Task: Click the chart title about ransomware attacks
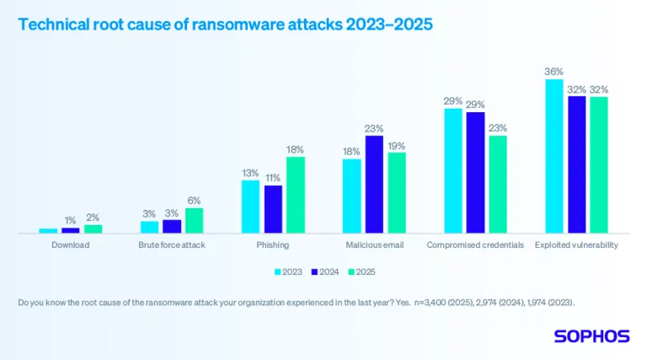(225, 24)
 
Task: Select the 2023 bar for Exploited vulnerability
(553, 155)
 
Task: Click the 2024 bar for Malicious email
(374, 183)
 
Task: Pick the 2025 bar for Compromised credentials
(498, 183)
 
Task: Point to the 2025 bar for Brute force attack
(194, 220)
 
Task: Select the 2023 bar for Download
(48, 230)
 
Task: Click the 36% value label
(553, 72)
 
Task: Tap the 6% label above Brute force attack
(194, 201)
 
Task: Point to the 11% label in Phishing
(273, 178)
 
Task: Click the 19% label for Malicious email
(396, 146)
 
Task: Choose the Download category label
(71, 245)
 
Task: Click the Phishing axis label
(273, 245)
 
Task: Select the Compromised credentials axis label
(475, 245)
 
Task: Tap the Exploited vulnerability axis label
(576, 245)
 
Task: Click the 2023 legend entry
(288, 271)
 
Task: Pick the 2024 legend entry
(324, 271)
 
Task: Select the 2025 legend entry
(361, 271)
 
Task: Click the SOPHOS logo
(591, 336)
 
